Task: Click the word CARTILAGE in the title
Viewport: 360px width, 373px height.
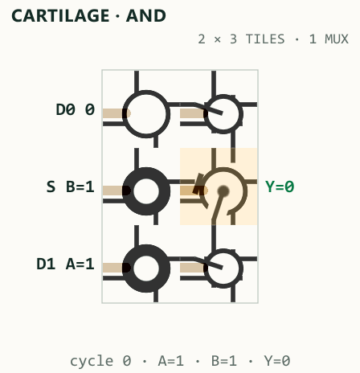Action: (60, 16)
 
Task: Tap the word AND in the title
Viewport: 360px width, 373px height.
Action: (146, 16)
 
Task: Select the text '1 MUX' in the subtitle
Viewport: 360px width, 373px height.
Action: (329, 39)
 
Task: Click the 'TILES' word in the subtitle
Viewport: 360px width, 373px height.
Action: (265, 39)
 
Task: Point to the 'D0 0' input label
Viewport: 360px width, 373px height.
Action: (75, 109)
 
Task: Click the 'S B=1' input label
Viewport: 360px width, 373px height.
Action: (70, 186)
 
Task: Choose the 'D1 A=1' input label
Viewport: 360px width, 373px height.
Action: (65, 264)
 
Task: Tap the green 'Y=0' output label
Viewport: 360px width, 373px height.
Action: (280, 186)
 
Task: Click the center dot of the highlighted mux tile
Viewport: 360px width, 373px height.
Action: (223, 191)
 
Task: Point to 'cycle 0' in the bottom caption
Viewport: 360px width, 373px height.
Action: (100, 361)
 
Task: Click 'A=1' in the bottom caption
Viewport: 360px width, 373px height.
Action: (171, 361)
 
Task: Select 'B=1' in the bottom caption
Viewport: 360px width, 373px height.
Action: (224, 361)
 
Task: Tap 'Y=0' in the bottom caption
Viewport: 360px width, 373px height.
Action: (277, 361)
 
